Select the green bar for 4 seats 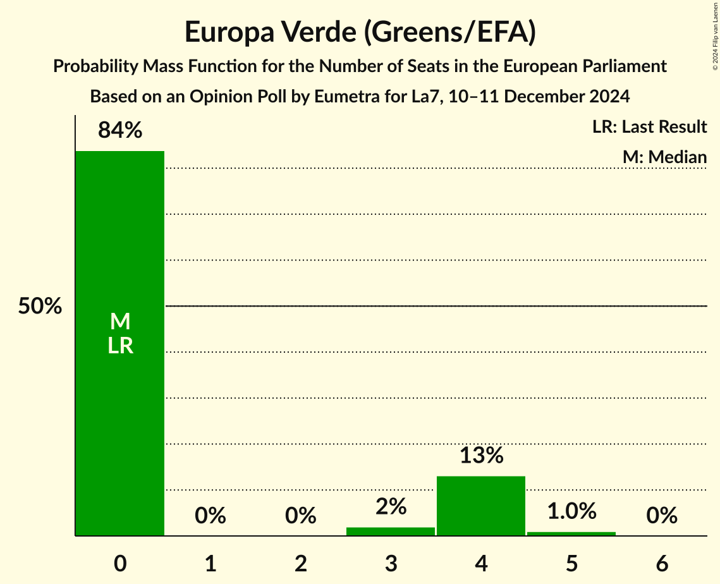pos(481,506)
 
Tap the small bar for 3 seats pos(391,532)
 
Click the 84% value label pos(120,131)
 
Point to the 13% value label pos(481,456)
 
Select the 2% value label pos(391,507)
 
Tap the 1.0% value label pos(571,511)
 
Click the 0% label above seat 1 pos(211,516)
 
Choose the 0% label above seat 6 pos(662,516)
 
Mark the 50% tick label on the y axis pos(40,307)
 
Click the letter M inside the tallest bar pos(120,322)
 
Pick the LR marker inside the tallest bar pos(120,346)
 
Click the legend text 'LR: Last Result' pos(649,127)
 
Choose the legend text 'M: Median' pos(664,157)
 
